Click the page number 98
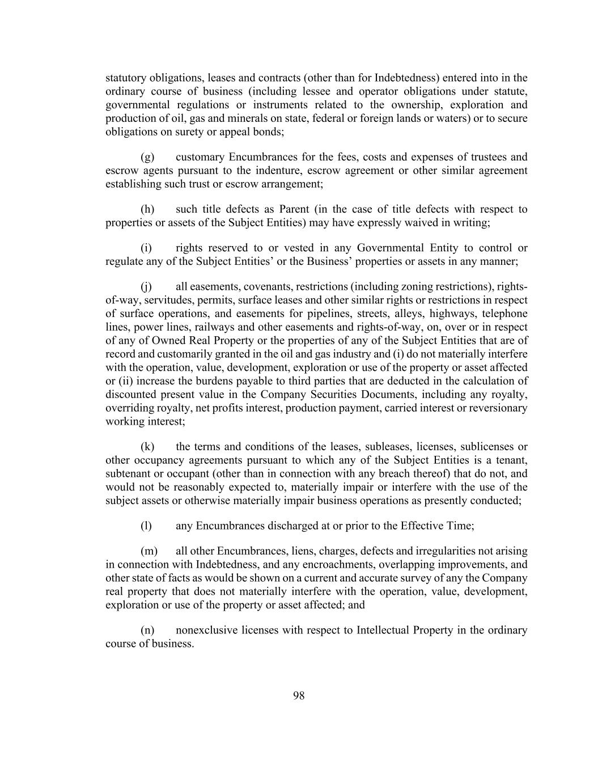[x=299, y=696]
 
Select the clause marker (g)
[x=147, y=157]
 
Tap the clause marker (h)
[x=147, y=209]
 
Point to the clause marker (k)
[x=147, y=447]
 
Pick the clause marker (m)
[x=149, y=551]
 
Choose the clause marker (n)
[x=147, y=631]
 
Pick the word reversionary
[x=497, y=408]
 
